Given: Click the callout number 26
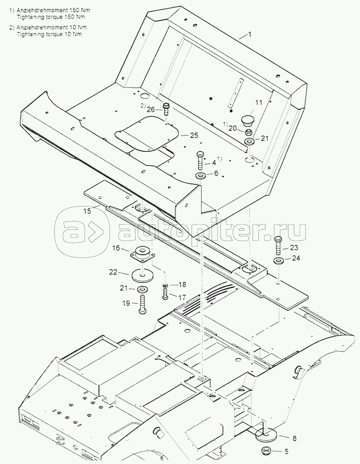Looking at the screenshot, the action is [x=151, y=110].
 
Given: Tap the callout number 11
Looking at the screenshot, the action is [x=258, y=103].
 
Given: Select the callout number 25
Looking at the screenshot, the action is [x=194, y=135].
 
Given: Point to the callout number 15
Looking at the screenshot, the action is [x=88, y=211].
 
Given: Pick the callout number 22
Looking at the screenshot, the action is [x=113, y=272].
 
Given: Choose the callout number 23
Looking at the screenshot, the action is [x=294, y=248].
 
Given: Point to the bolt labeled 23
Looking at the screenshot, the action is [x=278, y=245].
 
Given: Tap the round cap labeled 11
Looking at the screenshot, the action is [x=248, y=120].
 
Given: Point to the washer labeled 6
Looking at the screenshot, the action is [x=200, y=176].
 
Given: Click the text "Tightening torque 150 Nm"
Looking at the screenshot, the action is [x=51, y=17].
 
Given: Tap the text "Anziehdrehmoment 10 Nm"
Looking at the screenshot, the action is [x=52, y=27].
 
